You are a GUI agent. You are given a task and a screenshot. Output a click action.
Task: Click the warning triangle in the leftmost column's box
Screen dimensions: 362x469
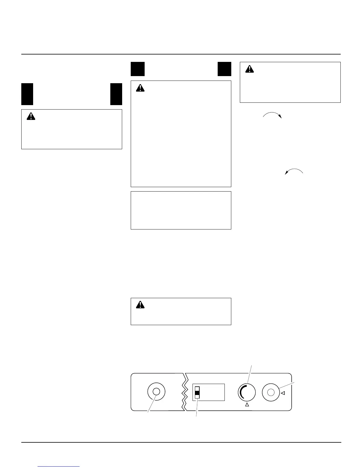coord(31,116)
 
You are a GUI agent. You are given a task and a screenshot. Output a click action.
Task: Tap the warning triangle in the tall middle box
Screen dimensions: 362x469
coord(140,88)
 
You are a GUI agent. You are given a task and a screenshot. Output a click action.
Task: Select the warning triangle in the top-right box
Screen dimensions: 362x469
coord(250,69)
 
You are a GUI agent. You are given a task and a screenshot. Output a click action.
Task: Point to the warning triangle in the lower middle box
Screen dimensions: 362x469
coord(140,305)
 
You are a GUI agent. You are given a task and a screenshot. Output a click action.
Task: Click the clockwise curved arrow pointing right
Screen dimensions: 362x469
coord(272,115)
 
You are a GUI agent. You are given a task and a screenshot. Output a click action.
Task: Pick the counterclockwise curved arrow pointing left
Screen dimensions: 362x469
coord(294,171)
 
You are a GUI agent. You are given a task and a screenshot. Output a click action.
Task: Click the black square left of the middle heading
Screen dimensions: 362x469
coord(138,69)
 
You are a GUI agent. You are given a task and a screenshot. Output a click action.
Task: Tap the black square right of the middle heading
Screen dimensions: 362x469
coord(224,69)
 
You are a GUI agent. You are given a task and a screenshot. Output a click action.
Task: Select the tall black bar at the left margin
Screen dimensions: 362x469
coord(27,94)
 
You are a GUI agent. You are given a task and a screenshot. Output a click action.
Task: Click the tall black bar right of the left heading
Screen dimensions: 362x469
coord(116,94)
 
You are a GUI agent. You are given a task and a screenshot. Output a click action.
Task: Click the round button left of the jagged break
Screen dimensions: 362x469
coord(156,391)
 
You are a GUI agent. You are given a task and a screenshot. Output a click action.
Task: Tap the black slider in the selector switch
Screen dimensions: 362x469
coord(197,394)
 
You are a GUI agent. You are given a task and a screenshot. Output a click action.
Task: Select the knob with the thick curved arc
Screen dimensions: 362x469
coord(247,393)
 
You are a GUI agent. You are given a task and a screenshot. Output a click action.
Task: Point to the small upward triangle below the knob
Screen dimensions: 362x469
coord(247,405)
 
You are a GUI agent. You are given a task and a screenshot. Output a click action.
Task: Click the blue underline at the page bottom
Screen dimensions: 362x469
coord(59,467)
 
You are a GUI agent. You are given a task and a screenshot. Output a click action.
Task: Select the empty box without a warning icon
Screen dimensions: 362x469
coord(181,210)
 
